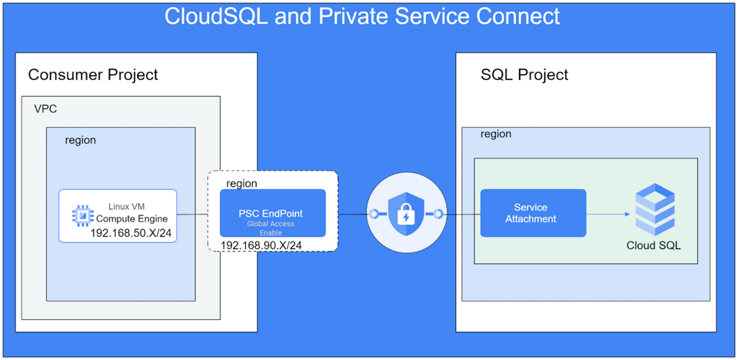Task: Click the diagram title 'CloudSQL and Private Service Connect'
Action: (362, 16)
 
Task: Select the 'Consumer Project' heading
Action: (93, 75)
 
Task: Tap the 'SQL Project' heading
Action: (524, 75)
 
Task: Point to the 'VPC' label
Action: (45, 108)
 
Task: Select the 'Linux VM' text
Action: (126, 206)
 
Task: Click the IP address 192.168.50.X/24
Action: (131, 232)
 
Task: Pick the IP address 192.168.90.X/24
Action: (261, 245)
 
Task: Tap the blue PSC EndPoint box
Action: (272, 212)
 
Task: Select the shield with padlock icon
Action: (406, 213)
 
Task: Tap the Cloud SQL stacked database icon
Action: (654, 209)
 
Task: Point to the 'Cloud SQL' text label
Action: (653, 246)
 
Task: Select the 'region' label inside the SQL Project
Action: (496, 134)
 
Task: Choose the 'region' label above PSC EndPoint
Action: (241, 183)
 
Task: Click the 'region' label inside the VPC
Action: (81, 140)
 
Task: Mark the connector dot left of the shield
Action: (374, 214)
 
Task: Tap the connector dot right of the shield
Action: (438, 214)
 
